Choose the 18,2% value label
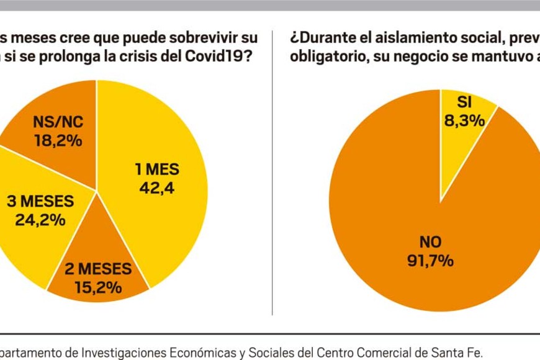point(57,140)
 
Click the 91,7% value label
point(429,260)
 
